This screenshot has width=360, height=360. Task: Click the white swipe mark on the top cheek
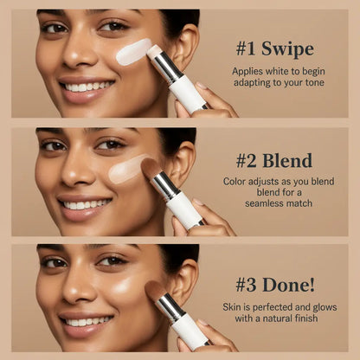(x=133, y=52)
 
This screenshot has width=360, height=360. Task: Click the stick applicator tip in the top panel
(x=156, y=53)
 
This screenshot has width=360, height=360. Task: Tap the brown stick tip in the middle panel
(x=151, y=167)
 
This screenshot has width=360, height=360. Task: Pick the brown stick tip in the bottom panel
(x=156, y=290)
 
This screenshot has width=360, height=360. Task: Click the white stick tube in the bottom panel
(x=191, y=332)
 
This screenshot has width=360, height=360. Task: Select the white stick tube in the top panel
(x=189, y=92)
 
